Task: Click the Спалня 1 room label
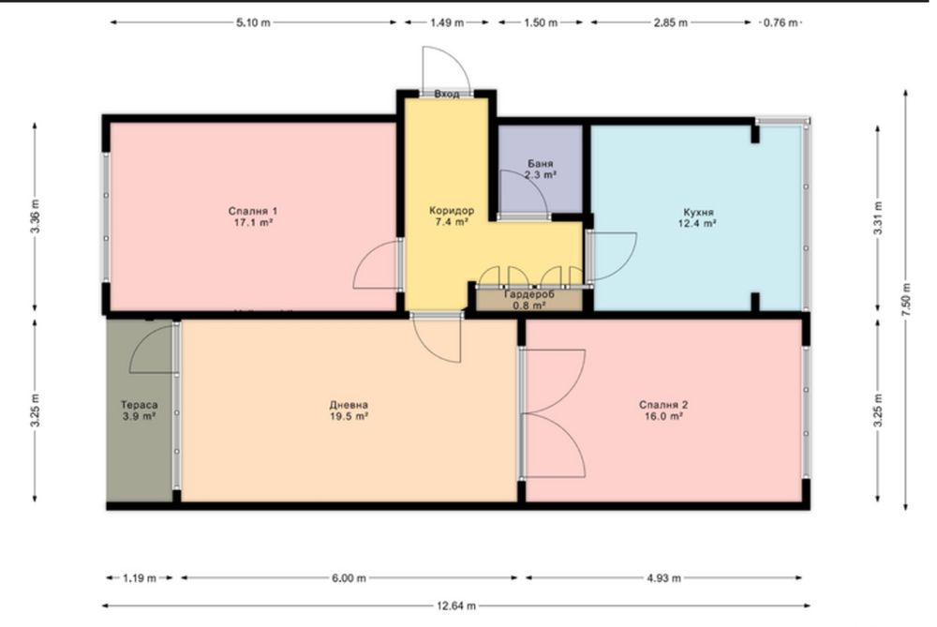253,211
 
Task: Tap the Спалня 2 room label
663,405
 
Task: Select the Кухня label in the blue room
699,212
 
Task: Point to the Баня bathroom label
541,164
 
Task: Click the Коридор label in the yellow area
452,210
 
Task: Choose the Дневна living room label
349,405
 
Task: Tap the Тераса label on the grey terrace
140,405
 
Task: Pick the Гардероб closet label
529,294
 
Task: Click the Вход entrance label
447,94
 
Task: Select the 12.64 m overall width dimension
456,605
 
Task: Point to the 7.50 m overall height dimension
906,300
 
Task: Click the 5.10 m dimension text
253,22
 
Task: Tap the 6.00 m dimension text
349,578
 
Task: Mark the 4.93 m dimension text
663,578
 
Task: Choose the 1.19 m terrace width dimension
140,578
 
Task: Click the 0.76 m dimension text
781,22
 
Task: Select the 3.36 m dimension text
35,216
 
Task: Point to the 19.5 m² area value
349,416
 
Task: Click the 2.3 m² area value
541,175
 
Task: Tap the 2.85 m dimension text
671,22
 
